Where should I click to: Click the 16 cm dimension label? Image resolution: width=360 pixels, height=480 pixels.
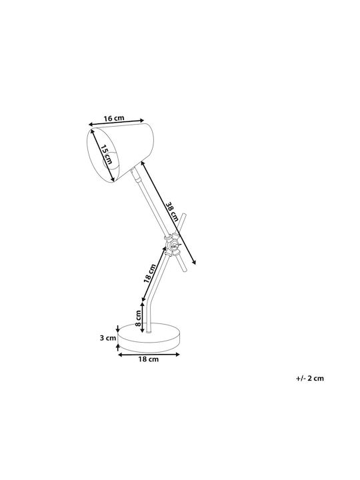point(114,118)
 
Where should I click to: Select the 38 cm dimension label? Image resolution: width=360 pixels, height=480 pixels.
point(172,211)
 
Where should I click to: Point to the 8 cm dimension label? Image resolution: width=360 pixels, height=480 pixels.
point(138,318)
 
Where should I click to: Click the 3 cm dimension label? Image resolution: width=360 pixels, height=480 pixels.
point(108,338)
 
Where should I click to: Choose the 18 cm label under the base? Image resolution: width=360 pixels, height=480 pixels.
point(149,359)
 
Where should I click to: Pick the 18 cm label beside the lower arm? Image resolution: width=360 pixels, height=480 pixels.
point(150,273)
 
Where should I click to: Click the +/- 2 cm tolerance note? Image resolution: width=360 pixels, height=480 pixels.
point(310,378)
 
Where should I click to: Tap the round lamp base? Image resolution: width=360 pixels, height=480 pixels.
point(149,338)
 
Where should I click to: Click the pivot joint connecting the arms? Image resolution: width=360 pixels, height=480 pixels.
point(173,245)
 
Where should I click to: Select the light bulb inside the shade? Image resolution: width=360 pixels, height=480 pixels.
point(109,160)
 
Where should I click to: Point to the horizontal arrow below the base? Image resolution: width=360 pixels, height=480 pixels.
point(149,355)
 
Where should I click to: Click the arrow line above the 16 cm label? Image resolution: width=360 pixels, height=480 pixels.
point(116,122)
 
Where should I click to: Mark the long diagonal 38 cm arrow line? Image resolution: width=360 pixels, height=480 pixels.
point(168,213)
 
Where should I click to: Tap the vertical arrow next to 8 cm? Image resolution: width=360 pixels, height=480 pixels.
point(142,317)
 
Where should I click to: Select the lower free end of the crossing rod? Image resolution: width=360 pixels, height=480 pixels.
point(185,269)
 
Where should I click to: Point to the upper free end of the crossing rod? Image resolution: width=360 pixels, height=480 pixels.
point(184,215)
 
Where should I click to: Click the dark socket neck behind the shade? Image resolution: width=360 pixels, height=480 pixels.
point(135,174)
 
